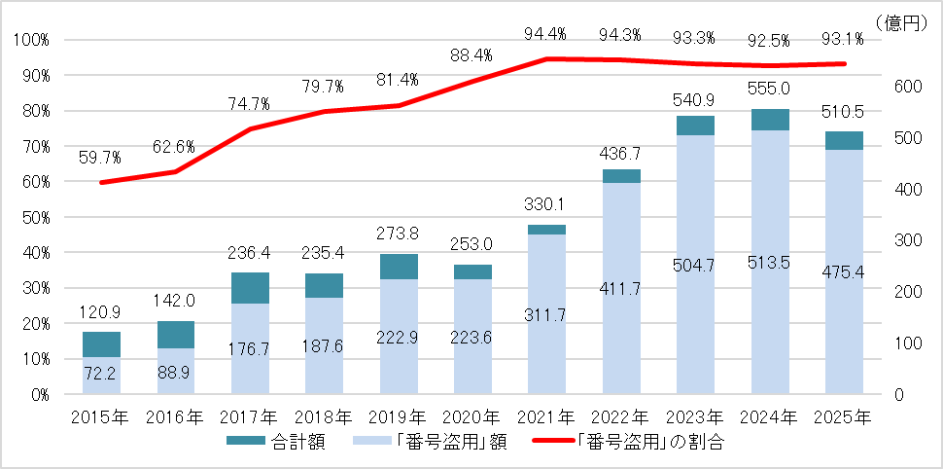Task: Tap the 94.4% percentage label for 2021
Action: [545, 35]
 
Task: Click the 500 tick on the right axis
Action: [906, 138]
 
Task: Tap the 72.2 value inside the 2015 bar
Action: [101, 374]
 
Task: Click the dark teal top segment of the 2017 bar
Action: [249, 288]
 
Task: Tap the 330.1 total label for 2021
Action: [545, 205]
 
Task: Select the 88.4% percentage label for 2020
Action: [471, 56]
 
